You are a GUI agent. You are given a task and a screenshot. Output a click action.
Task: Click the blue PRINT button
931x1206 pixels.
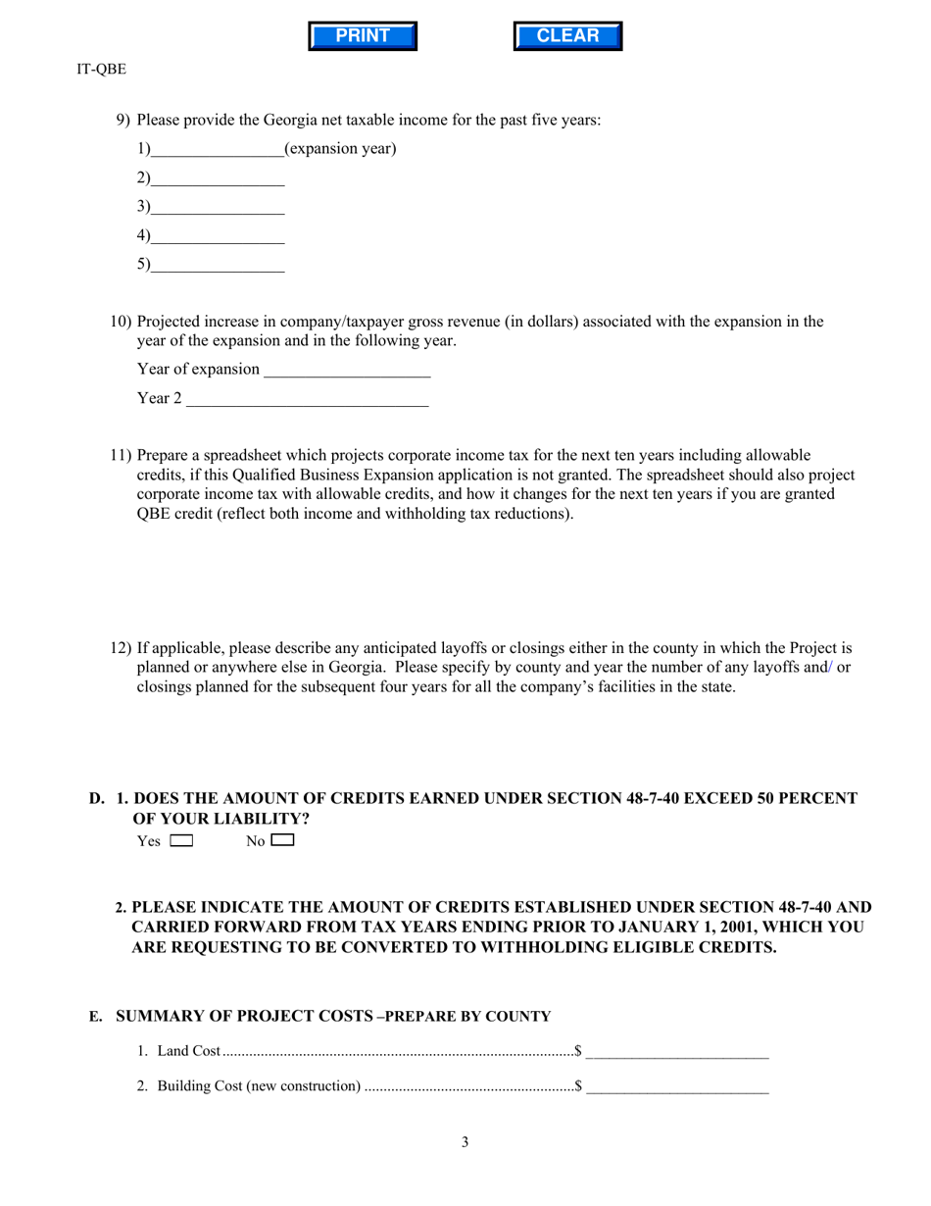point(363,36)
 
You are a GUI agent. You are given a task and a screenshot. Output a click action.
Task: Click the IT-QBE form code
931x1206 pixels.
point(101,70)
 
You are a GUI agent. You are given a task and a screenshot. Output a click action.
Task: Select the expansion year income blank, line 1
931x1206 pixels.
point(218,150)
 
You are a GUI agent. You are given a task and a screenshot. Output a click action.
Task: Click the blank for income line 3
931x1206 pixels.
point(218,207)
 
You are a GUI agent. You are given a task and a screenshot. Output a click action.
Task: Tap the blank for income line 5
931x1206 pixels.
point(218,265)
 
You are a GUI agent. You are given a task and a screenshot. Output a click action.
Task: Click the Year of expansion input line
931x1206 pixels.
point(347,370)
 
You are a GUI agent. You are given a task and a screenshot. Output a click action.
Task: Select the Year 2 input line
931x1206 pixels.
point(307,399)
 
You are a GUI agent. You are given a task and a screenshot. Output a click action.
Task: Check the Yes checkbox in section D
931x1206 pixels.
point(181,840)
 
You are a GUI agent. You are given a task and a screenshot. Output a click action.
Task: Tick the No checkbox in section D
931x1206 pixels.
point(282,840)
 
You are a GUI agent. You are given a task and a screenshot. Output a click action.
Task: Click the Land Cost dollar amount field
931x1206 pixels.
point(677,1052)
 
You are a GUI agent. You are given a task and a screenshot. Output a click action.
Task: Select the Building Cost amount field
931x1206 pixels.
point(677,1086)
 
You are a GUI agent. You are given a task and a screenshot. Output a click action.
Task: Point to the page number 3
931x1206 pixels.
point(465,1141)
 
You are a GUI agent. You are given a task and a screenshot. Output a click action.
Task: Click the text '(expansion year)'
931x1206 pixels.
point(340,149)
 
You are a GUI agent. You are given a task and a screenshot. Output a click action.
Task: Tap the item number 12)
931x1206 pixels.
point(121,648)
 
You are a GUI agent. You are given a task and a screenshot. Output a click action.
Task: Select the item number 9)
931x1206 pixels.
point(122,121)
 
